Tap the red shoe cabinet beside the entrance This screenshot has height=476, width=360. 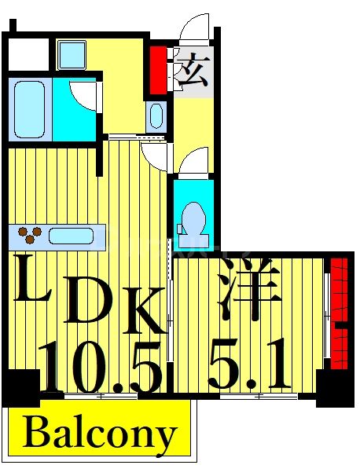(159, 69)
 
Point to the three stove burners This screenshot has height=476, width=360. (31, 233)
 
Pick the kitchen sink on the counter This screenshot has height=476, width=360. (73, 234)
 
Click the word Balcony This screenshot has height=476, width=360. (99, 433)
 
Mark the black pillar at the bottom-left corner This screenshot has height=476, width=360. (20, 387)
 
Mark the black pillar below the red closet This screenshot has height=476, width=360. (329, 388)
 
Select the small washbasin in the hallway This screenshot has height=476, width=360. (154, 116)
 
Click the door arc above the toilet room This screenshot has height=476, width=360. (194, 163)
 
